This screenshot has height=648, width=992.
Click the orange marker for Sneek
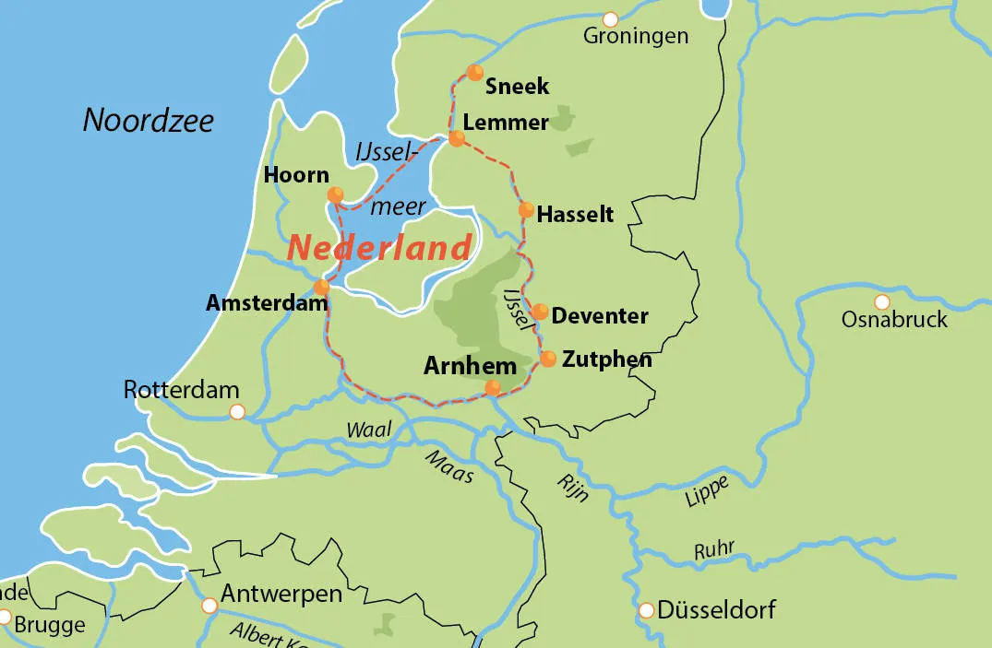[x=474, y=72]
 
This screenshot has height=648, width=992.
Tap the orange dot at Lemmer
[x=456, y=138]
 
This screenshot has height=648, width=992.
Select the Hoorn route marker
[x=335, y=194]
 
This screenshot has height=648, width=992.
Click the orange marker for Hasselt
[x=526, y=209]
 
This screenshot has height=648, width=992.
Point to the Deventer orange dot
[x=540, y=312]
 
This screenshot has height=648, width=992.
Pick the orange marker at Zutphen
[x=548, y=359]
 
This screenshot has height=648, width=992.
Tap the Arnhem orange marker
[x=493, y=387]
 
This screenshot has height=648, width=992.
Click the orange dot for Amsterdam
[x=321, y=287]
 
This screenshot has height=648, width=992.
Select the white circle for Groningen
[x=610, y=19]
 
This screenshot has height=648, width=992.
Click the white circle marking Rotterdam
[x=237, y=412]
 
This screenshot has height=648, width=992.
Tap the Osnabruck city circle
[x=882, y=301]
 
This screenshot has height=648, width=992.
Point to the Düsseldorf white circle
[x=646, y=610]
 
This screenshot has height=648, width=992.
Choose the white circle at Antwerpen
[x=209, y=606]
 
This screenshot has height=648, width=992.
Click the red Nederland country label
[x=378, y=247]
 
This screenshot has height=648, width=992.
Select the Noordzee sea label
[x=149, y=120]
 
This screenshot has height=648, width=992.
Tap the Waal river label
[x=369, y=429]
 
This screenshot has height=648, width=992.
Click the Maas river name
[x=449, y=466]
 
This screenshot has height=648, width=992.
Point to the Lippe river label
[x=707, y=491]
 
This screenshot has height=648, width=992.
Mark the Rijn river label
[x=573, y=487]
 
